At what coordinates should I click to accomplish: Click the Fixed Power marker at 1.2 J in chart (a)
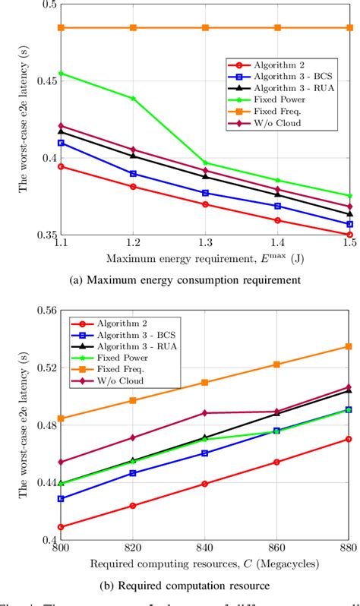point(133,99)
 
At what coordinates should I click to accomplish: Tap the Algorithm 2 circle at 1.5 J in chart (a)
point(349,235)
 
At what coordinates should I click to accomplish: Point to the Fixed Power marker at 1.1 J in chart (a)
point(61,74)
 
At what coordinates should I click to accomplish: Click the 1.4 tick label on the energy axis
point(277,247)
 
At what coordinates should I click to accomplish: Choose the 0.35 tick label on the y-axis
point(43,235)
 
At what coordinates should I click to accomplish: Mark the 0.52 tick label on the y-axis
point(43,368)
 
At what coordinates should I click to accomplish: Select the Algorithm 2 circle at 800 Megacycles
point(61,527)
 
